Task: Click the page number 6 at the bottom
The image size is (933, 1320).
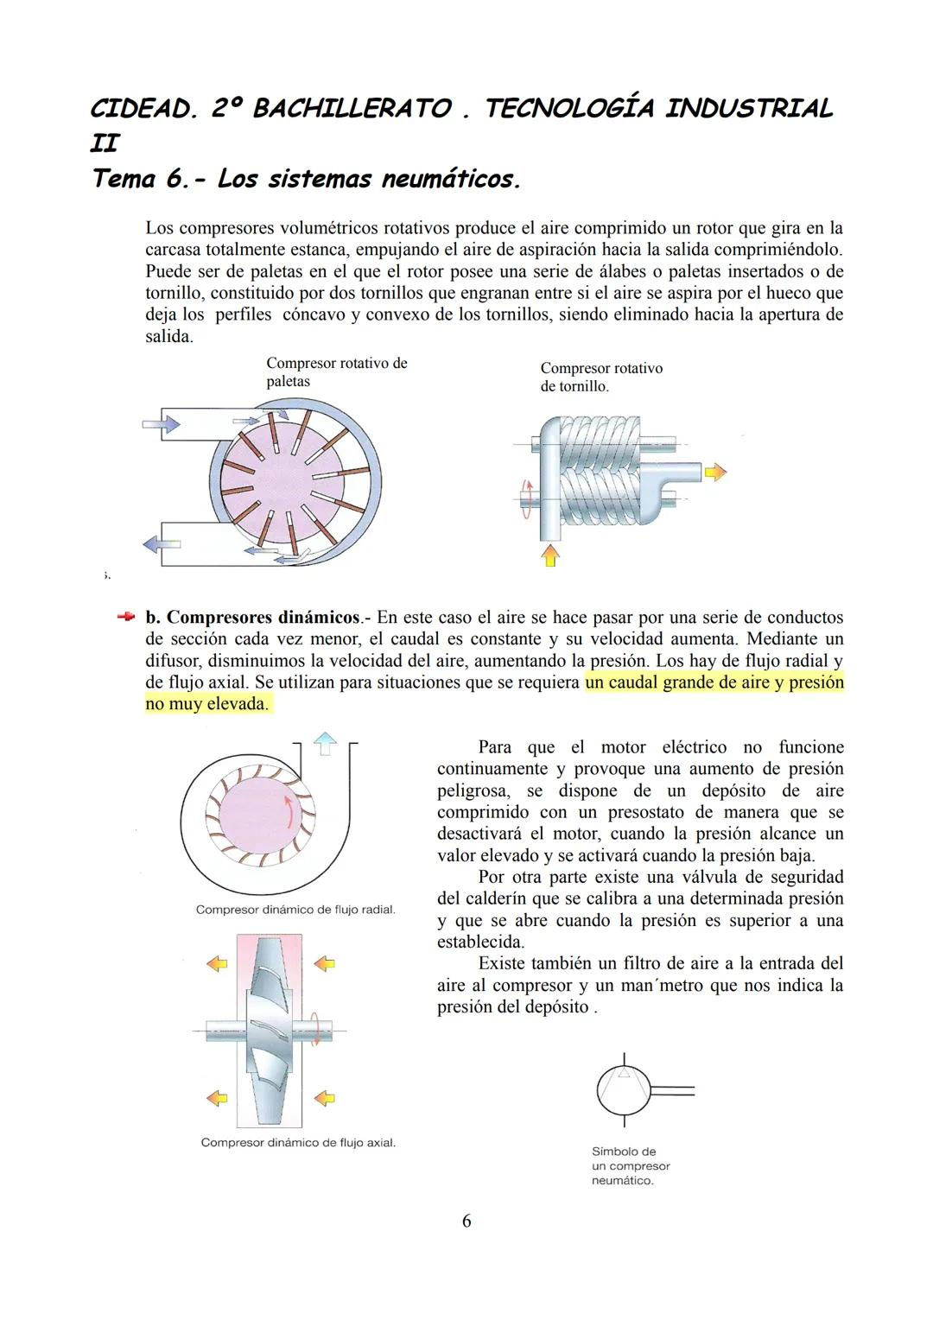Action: [x=466, y=1221]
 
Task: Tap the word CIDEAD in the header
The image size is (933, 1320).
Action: [x=143, y=109]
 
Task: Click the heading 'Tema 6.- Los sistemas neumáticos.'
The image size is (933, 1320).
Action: [x=307, y=180]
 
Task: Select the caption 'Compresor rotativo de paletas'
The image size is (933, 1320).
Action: [x=336, y=372]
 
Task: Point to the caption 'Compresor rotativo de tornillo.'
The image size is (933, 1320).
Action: [x=601, y=378]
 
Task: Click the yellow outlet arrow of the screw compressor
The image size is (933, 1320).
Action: [x=715, y=472]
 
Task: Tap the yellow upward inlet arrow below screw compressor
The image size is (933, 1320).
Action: [x=549, y=555]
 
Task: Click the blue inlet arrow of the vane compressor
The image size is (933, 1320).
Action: [x=161, y=423]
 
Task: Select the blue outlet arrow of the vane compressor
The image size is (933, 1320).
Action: [x=161, y=544]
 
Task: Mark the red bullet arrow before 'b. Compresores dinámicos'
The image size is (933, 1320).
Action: [x=126, y=617]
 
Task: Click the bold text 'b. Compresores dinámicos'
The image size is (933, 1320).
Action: [x=252, y=618]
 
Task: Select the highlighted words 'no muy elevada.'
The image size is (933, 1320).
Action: [x=206, y=704]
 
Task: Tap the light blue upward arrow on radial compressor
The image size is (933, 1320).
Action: [x=325, y=742]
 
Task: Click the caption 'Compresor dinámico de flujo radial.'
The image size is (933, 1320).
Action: [x=295, y=910]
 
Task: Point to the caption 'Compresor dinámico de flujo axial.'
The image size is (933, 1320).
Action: [x=298, y=1143]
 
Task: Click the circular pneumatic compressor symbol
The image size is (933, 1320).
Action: [x=623, y=1090]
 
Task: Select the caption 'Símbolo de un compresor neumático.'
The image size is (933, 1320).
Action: [x=631, y=1166]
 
